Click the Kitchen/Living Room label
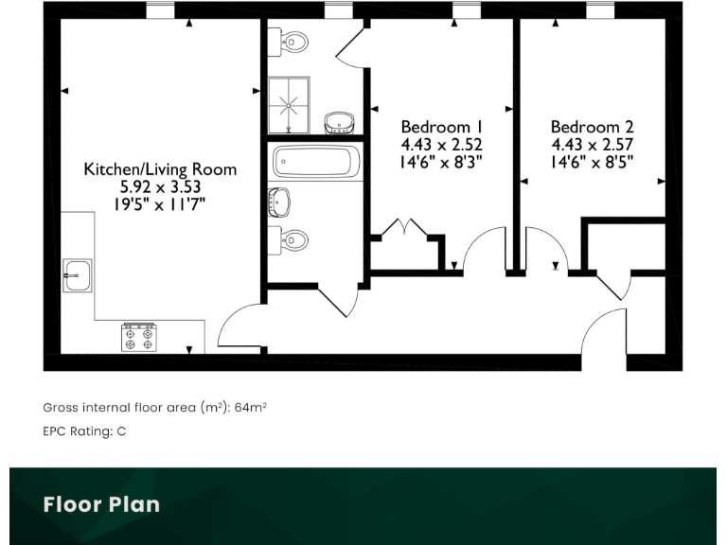tap(160, 169)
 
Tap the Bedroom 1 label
tap(442, 127)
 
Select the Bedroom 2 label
tap(593, 127)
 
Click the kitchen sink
tap(77, 275)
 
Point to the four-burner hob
tap(138, 338)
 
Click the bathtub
tap(315, 162)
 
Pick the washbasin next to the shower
tap(339, 123)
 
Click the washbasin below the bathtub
tap(280, 201)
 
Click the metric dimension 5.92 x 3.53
tap(160, 186)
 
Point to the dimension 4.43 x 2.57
tap(593, 144)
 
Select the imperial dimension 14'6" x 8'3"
tap(442, 161)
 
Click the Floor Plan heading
tap(101, 504)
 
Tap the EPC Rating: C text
tap(84, 431)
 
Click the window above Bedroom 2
tap(599, 10)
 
